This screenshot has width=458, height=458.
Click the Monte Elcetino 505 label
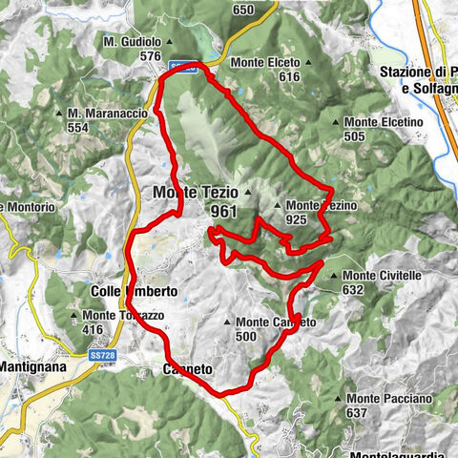[382, 129]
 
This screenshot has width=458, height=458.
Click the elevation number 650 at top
[243, 10]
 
